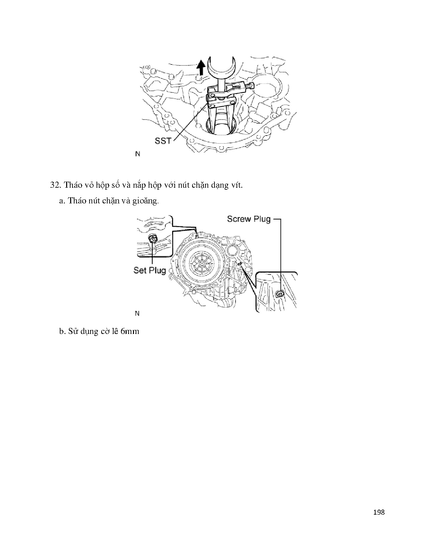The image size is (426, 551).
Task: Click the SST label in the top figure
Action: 163,141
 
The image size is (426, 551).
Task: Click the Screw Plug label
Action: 249,219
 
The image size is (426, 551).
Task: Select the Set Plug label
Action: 150,270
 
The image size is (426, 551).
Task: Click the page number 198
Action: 379,512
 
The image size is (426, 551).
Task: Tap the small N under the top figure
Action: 138,154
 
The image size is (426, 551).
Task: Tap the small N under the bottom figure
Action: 137,313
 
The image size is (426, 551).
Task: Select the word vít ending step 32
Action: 237,185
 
